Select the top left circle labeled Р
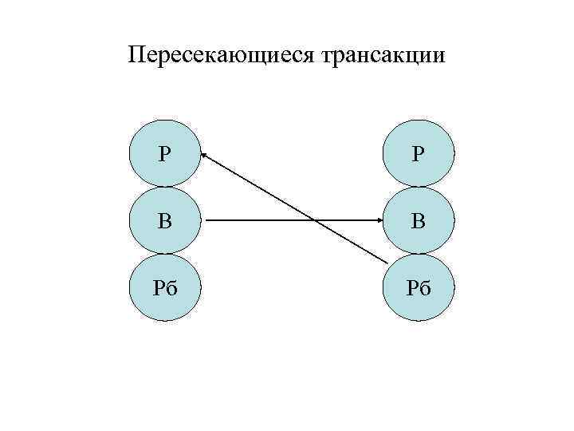(164, 154)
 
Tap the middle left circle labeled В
(164, 220)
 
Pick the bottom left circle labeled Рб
(164, 287)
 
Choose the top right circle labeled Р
(419, 154)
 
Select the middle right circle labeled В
(419, 220)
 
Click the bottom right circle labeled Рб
(419, 287)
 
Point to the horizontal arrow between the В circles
(263, 220)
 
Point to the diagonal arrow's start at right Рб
(387, 263)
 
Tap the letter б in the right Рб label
(425, 287)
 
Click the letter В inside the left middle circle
(164, 220)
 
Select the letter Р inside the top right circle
(418, 154)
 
